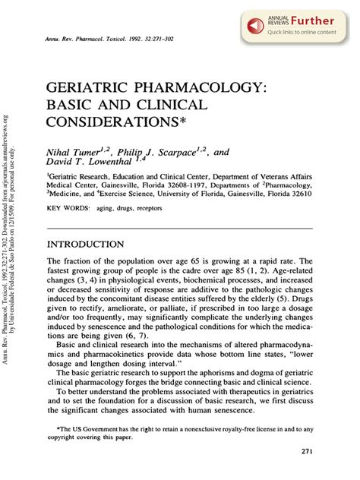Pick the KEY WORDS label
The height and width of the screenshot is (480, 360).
coord(67,207)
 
